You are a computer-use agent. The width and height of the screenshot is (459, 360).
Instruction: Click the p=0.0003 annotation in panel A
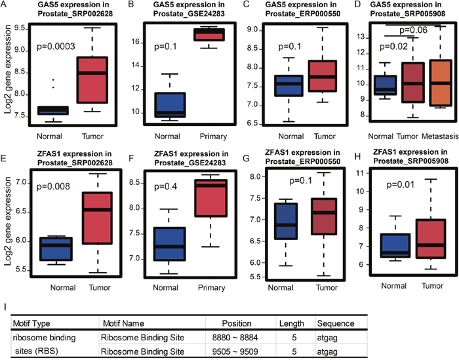(x=56, y=47)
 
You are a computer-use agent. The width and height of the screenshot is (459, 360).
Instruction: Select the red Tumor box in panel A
(x=92, y=80)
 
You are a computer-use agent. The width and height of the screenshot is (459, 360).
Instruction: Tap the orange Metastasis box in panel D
(x=441, y=83)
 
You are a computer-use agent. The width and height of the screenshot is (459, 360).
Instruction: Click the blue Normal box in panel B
(x=170, y=105)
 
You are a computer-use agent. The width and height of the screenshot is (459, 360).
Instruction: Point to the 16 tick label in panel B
(x=135, y=42)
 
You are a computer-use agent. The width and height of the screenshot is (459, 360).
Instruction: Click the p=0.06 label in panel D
(x=413, y=30)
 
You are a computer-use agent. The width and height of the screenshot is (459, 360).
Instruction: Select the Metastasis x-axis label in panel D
(x=440, y=136)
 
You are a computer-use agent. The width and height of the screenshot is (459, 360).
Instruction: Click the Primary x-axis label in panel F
(x=211, y=288)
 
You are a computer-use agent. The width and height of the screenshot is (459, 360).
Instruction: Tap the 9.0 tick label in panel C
(x=252, y=30)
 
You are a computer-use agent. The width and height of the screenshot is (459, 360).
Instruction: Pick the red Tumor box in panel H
(x=430, y=239)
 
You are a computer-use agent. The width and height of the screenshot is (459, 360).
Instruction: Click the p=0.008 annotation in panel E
(x=53, y=186)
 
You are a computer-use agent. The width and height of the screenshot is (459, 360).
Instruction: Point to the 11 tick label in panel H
(x=359, y=173)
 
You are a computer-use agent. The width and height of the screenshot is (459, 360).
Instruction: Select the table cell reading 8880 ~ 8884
(x=235, y=338)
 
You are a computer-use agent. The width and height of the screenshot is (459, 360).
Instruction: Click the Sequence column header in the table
(x=336, y=323)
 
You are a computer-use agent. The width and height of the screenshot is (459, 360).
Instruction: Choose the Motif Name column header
(x=123, y=323)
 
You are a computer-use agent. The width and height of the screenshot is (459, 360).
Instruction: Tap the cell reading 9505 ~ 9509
(x=235, y=351)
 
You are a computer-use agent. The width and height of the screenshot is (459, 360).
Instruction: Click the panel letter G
(x=246, y=158)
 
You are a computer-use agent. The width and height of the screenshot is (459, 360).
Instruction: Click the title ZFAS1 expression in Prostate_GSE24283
(x=191, y=158)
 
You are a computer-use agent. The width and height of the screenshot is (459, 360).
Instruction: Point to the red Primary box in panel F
(x=211, y=198)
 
